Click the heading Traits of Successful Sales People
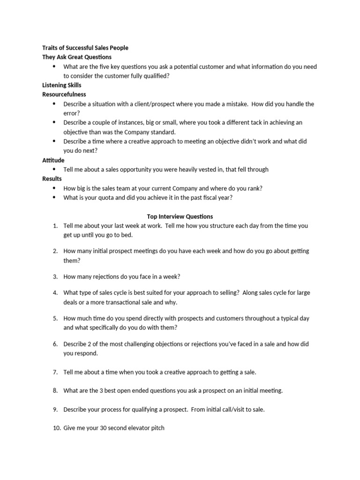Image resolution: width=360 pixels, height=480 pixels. pos(85,48)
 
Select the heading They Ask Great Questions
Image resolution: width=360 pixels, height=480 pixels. pos(77,57)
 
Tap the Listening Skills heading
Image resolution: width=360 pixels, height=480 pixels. pos(61,85)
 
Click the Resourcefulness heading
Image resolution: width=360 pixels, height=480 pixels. pos(64,95)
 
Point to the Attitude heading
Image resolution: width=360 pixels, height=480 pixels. pos(53,160)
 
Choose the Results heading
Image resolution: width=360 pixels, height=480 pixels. pos(52,179)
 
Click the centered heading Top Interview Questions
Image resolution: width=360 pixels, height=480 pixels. pos(180,217)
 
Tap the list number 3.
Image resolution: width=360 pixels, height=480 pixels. pos(55,277)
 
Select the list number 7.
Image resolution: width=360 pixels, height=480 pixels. pos(55,372)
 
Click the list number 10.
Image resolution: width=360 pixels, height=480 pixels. pos(56,428)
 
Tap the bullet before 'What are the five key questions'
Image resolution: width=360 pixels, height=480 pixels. pos(54,67)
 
